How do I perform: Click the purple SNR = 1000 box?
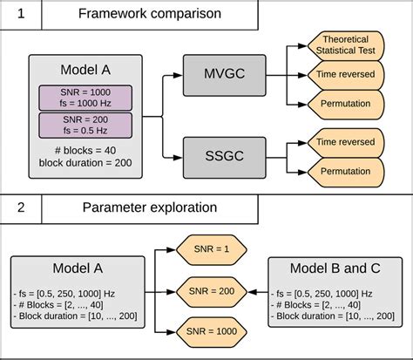point(85,97)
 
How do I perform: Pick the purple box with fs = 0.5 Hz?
point(85,125)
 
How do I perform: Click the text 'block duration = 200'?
point(85,163)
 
